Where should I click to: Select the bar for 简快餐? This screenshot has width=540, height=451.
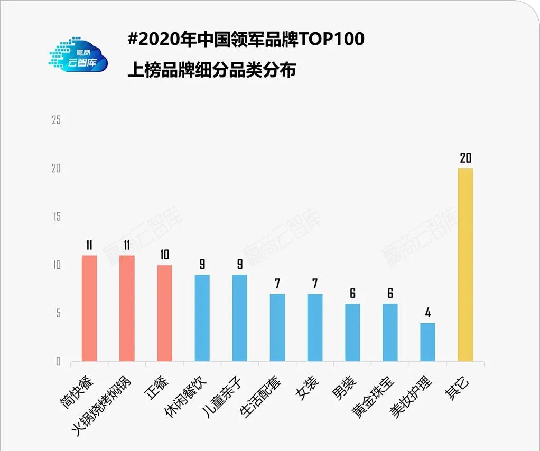[x=89, y=308]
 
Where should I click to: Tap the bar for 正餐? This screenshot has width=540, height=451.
[x=164, y=313]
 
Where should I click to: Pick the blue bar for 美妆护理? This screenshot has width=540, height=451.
[x=427, y=342]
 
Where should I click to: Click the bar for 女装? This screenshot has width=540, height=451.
[x=315, y=327]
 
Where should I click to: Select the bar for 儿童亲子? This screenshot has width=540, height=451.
[x=240, y=318]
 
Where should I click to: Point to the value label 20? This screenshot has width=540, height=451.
[x=465, y=158]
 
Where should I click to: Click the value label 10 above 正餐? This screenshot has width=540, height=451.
[x=164, y=255]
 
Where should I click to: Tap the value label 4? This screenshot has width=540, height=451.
[x=428, y=313]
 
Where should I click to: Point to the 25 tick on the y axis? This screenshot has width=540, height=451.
[x=56, y=120]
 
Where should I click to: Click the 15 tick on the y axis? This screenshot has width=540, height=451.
[x=56, y=217]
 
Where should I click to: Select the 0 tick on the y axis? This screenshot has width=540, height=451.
[x=58, y=362]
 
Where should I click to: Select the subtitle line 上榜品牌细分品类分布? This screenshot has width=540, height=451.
[x=211, y=69]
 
